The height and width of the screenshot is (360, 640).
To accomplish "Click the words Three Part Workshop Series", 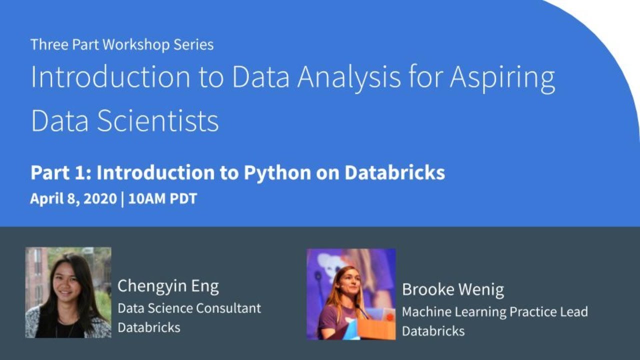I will click(122, 44).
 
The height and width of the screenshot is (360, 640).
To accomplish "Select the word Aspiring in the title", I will click(502, 78).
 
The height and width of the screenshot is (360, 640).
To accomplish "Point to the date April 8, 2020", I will click(73, 198).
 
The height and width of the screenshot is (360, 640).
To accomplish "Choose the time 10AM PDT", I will click(162, 198).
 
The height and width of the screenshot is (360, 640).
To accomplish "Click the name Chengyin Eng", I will click(168, 286).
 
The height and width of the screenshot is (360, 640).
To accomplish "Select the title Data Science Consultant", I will click(189, 308).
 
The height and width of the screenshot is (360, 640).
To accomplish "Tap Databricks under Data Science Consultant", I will click(148, 327).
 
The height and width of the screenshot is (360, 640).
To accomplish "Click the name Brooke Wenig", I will click(453, 289).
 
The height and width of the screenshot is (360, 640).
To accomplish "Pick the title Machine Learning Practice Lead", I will click(494, 312).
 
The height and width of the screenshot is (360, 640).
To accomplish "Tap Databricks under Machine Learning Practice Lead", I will click(433, 331).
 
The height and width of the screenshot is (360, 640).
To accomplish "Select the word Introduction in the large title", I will click(110, 78).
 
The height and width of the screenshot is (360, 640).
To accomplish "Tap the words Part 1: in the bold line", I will click(60, 173).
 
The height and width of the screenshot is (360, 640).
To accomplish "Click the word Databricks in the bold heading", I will click(394, 173).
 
